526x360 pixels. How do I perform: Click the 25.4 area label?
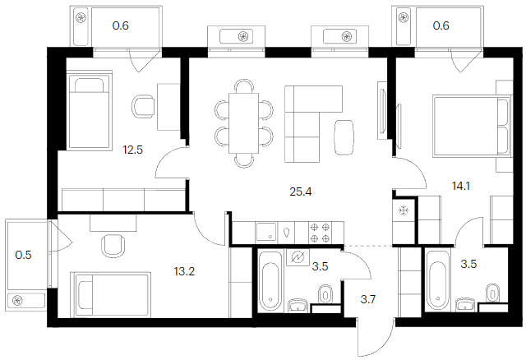click(301, 192)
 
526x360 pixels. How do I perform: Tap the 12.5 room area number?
click(133, 150)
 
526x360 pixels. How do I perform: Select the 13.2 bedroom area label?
click(184, 271)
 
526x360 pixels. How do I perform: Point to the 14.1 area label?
click(460, 186)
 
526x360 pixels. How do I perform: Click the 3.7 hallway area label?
click(368, 299)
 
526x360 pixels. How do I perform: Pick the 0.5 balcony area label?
click(24, 255)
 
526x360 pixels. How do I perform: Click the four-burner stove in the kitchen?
click(320, 232)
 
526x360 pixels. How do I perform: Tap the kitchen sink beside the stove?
click(266, 232)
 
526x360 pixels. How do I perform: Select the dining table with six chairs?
click(244, 123)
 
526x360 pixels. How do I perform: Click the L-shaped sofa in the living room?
click(302, 123)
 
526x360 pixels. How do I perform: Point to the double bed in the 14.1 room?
click(472, 126)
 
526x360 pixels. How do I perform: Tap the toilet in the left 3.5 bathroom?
click(325, 294)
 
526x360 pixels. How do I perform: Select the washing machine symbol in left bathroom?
click(298, 257)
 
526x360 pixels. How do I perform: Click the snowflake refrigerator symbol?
click(404, 210)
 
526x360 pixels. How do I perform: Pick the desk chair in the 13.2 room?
click(113, 245)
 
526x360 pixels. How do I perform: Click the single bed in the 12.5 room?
click(90, 110)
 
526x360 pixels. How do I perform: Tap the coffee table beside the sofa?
click(344, 137)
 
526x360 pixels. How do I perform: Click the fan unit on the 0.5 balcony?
click(17, 300)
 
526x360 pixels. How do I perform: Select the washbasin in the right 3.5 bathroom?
click(467, 305)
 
